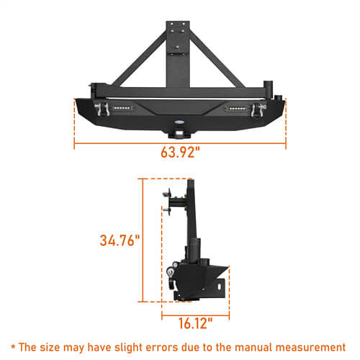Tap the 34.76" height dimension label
pos(118,239)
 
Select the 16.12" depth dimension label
pos(195,323)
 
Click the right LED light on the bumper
pos(238,109)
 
